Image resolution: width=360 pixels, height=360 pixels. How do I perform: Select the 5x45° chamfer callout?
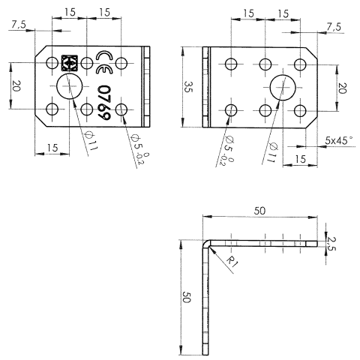339,140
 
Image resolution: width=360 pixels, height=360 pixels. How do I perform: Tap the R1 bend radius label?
232,262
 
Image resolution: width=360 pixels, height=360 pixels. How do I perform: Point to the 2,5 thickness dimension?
331,243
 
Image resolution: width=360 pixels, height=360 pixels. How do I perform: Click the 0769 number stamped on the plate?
104,103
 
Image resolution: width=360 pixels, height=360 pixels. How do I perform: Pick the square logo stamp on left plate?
70,63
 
